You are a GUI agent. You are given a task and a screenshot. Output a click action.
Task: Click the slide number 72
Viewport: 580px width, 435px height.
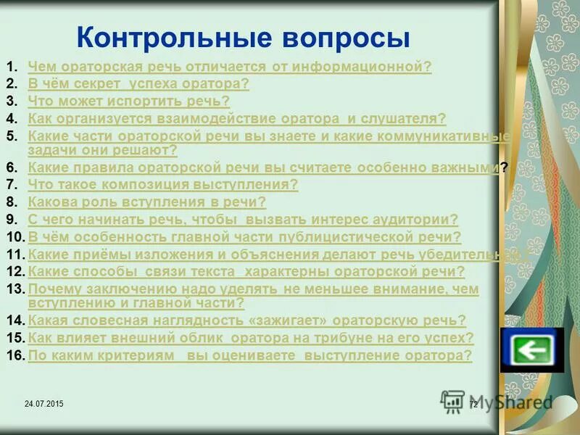point(473,404)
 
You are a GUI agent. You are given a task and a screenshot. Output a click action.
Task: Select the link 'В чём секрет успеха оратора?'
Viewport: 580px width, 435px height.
point(138,84)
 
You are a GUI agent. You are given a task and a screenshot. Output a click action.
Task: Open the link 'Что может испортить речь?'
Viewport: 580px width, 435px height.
point(129,101)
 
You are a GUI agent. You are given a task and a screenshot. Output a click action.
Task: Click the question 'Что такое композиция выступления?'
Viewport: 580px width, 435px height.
point(163,185)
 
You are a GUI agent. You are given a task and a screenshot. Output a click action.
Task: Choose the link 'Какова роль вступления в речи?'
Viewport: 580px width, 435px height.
point(147,202)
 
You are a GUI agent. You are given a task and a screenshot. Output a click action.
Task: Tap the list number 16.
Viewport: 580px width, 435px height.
point(16,355)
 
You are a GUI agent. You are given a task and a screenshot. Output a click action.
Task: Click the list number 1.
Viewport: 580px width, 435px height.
point(12,67)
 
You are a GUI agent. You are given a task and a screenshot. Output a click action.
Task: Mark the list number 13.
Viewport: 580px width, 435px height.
point(16,289)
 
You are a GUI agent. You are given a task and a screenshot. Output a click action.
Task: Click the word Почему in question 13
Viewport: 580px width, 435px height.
point(52,289)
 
